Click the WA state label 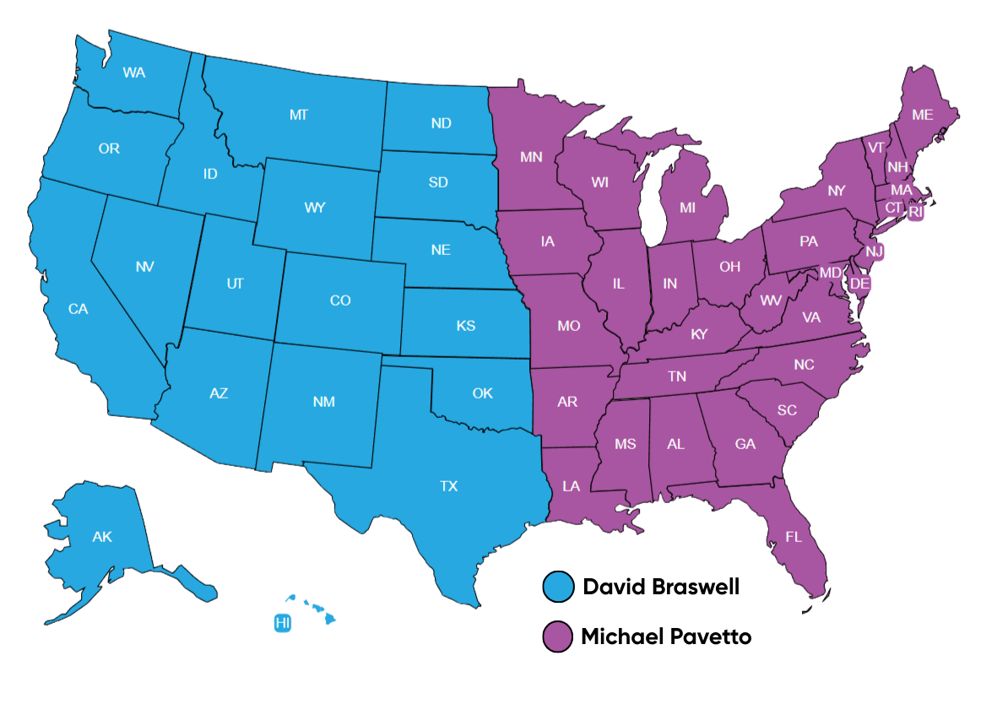[x=133, y=73]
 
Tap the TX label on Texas [x=448, y=486]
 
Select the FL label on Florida [x=794, y=537]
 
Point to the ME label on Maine [x=923, y=115]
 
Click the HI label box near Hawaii [x=283, y=623]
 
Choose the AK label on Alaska [x=102, y=537]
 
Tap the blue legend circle [x=558, y=586]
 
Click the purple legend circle [x=558, y=636]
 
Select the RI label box [x=916, y=212]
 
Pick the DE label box [x=859, y=284]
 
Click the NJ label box [x=875, y=251]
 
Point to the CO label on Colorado [x=340, y=301]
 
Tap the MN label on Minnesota [x=531, y=157]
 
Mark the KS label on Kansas [x=466, y=326]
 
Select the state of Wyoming [x=315, y=208]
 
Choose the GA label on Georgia [x=745, y=444]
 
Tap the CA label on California [x=78, y=309]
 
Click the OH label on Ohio [x=729, y=267]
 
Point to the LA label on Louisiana [x=572, y=486]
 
